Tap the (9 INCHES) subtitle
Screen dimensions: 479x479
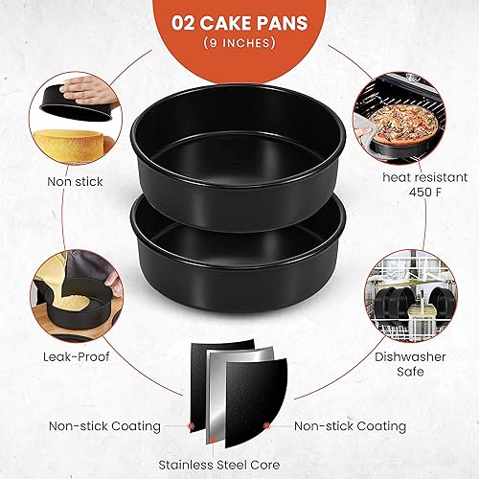(x=239, y=43)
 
